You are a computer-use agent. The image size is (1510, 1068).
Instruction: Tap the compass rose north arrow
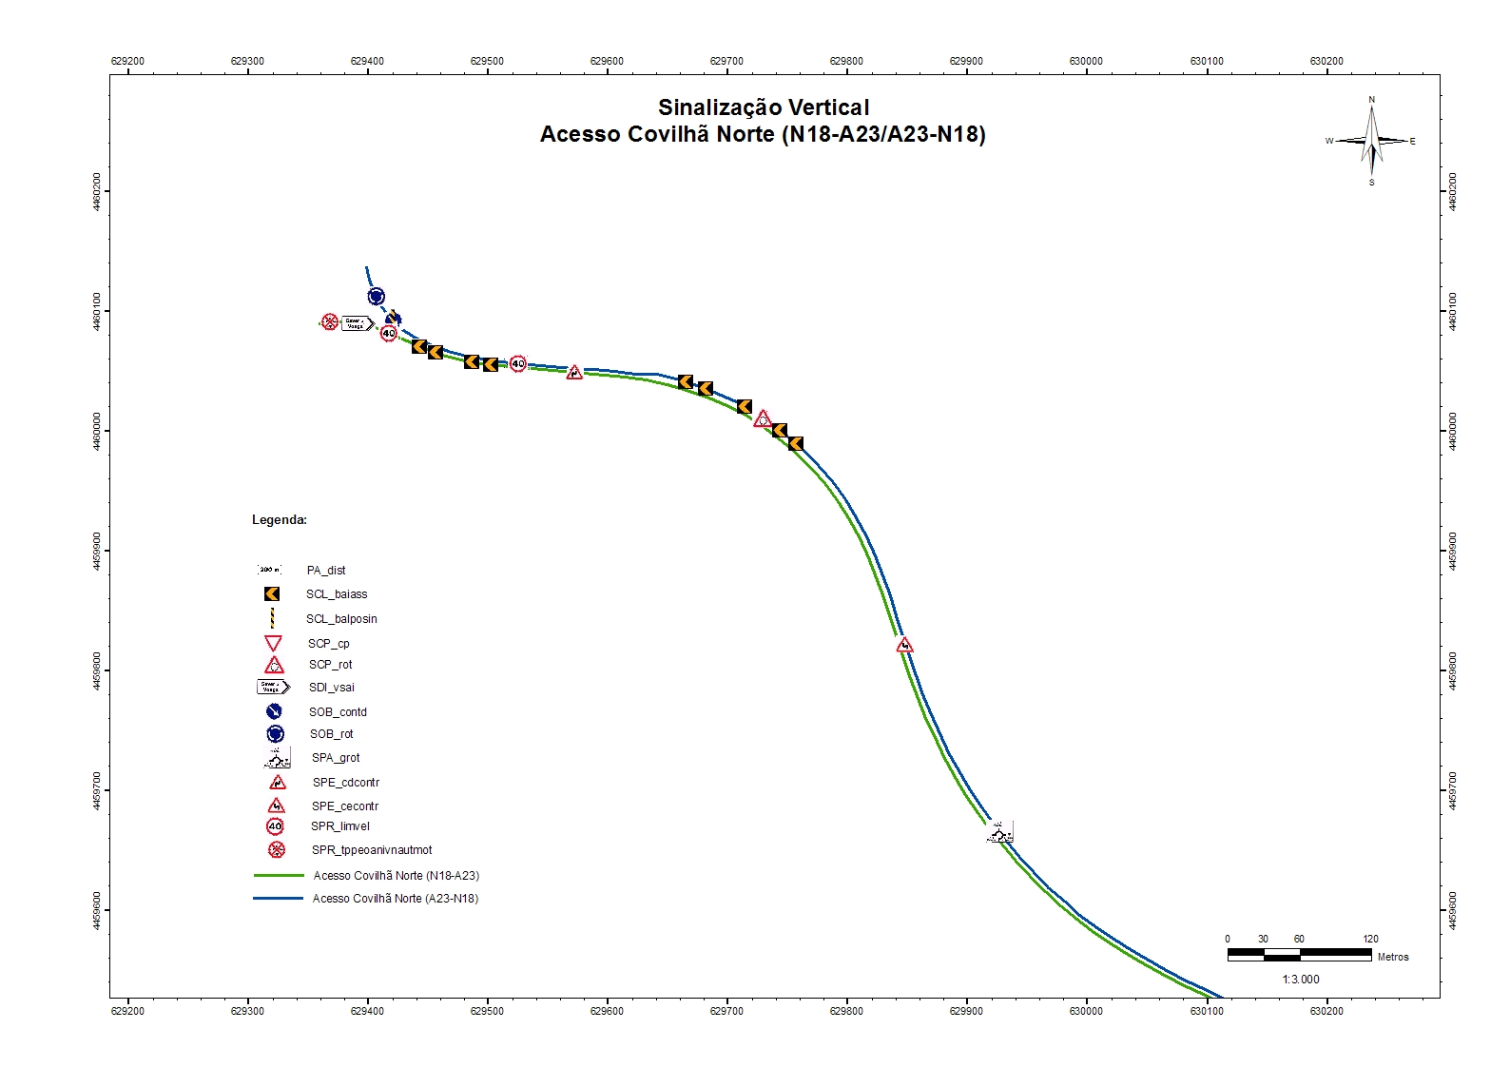1371,141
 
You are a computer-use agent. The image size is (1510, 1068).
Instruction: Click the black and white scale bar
1299,954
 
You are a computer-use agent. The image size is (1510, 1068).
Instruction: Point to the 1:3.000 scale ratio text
1300,980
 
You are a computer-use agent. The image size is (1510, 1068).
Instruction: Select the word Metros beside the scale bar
1393,957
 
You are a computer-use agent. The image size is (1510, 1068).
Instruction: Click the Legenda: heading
280,520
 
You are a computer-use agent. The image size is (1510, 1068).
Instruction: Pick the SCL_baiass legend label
337,594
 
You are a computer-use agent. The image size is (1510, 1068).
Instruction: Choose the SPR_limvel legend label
340,826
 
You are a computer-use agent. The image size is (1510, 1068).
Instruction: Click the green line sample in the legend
279,876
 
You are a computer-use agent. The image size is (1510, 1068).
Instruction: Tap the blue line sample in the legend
279,899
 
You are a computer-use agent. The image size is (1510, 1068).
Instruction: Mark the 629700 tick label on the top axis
726,61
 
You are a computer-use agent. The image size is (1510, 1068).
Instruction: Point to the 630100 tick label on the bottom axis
1207,1011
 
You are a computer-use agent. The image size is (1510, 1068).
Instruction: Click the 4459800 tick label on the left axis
97,670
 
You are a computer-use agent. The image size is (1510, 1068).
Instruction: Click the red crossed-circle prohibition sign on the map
330,322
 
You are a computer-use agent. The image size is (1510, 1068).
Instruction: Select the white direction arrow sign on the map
357,323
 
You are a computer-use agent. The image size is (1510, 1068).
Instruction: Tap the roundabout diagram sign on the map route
999,833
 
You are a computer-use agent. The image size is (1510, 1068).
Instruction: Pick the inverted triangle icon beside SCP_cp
273,644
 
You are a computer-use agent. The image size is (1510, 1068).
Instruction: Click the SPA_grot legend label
336,758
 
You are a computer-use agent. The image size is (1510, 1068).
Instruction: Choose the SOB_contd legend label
338,712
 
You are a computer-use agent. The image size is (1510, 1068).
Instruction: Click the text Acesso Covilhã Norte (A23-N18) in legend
396,899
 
